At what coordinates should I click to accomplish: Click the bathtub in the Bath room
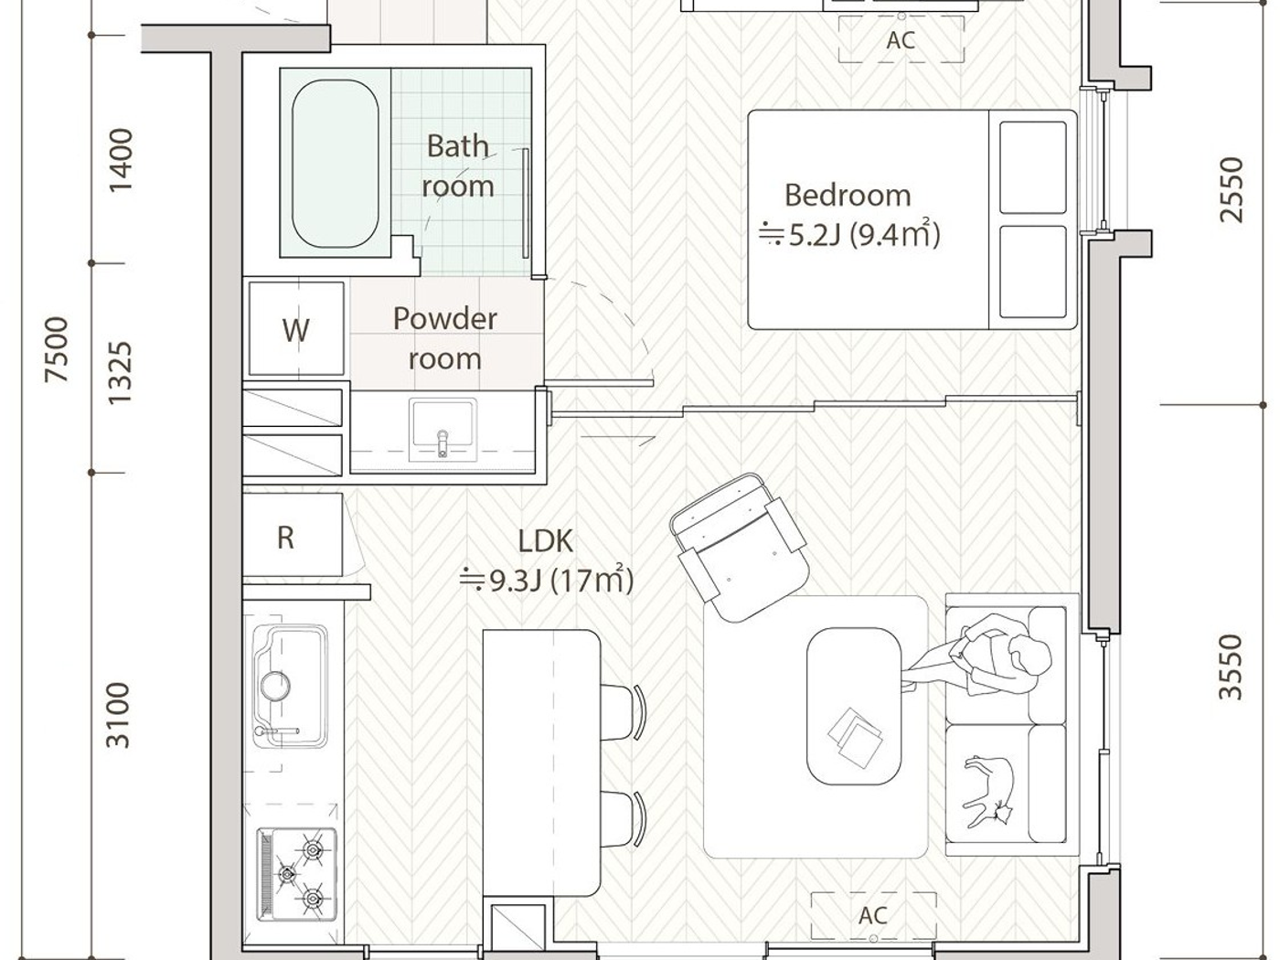(x=335, y=164)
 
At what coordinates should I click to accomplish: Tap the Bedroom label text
(x=848, y=196)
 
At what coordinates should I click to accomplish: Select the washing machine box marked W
(x=295, y=329)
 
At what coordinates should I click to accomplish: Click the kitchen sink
(x=289, y=686)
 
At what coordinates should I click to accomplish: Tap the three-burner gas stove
(x=296, y=874)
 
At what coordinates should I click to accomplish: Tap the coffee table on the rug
(x=855, y=705)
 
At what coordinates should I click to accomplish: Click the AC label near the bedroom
(x=901, y=41)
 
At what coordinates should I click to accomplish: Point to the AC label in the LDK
(x=873, y=915)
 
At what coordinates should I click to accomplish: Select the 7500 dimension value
(x=57, y=349)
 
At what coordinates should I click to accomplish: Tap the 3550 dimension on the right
(x=1232, y=667)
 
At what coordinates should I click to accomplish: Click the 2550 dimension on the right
(x=1232, y=189)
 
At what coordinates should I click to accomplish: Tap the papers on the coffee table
(x=855, y=735)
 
